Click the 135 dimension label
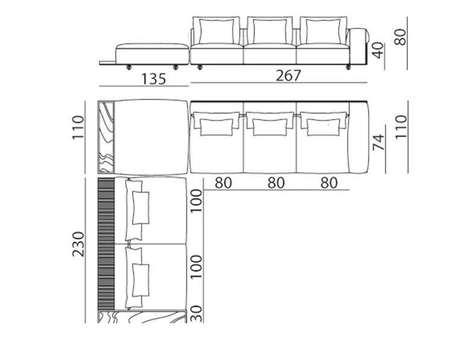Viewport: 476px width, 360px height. [154, 79]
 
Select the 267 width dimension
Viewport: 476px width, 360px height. [289, 75]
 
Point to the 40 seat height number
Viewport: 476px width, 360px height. [378, 51]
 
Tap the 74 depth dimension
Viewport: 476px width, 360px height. [378, 142]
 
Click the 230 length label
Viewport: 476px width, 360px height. [78, 244]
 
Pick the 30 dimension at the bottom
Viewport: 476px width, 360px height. [196, 314]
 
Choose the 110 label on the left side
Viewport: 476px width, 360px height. [78, 127]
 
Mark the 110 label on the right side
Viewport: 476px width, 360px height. [401, 127]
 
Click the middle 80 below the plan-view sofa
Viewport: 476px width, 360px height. [276, 183]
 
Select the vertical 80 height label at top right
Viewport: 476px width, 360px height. [400, 37]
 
